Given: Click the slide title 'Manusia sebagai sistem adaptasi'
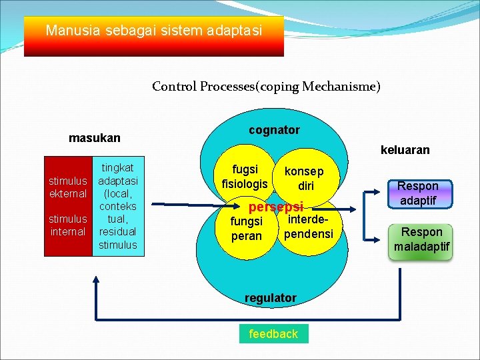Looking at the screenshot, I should pos(154,31).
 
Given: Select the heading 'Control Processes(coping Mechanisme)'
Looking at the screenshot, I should pos(266,86).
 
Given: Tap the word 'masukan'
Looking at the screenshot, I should pos(95,138).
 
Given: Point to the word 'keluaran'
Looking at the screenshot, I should pos(405,150).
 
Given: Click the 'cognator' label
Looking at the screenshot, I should pos(274,130).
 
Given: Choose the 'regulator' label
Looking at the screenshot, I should pos(271,298).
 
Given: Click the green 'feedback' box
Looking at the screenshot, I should pos(273,333).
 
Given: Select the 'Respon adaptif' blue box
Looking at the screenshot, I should pos(418,193).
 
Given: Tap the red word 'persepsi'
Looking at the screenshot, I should pos(275,207).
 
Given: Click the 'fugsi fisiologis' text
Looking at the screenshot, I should pos(245,177).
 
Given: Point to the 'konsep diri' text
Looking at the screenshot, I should pos(304,178).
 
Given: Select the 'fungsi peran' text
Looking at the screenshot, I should pos(246,229).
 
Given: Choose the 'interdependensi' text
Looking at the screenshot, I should pos(308,227).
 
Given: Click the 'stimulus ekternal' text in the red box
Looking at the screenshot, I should pos(68,187).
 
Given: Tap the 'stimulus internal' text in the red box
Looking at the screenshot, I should pos(68,225).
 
